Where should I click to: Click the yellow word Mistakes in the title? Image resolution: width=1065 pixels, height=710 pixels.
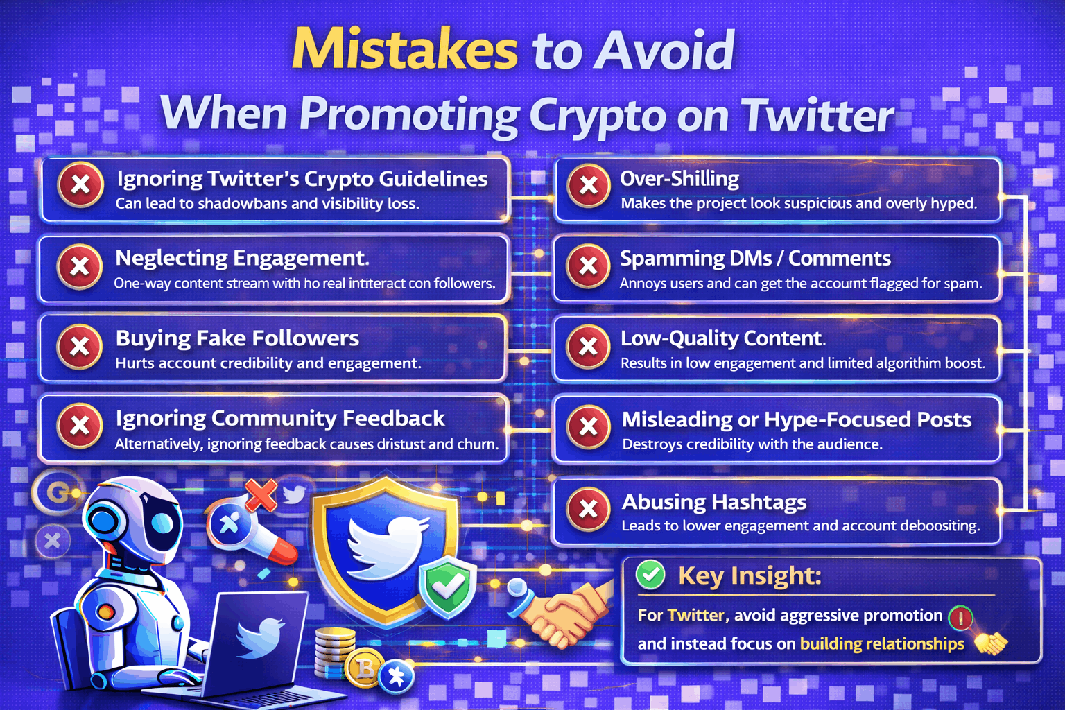tap(405, 50)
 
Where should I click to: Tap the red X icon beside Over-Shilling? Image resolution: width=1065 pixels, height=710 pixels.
tap(589, 186)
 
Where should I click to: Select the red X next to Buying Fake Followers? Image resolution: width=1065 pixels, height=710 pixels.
tap(80, 347)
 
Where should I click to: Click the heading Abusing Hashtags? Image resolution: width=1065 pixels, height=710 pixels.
tap(713, 501)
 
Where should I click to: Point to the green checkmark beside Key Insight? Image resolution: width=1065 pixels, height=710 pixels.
tap(650, 574)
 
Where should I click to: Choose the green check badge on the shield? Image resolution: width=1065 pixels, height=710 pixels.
tap(448, 586)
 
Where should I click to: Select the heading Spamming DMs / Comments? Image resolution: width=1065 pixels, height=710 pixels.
tap(754, 259)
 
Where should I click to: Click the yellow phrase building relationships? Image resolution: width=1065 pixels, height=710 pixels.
tap(882, 643)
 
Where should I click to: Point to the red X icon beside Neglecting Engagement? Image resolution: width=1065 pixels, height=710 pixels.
tap(80, 266)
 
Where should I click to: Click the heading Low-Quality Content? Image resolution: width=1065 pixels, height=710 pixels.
tap(722, 338)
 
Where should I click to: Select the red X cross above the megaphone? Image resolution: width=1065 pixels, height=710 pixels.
tap(261, 495)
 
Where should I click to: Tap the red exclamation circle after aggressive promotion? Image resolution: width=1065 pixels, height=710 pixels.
tap(961, 616)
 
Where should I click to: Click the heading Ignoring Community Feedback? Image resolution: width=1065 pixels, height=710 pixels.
tap(280, 418)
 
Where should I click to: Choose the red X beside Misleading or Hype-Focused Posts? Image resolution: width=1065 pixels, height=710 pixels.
tap(589, 427)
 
